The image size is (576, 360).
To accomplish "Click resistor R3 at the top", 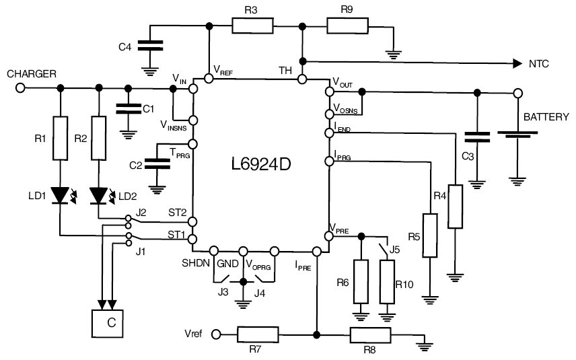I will [x=252, y=26].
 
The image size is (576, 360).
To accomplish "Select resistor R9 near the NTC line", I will [x=347, y=26].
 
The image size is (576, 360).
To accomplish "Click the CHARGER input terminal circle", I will [x=20, y=87].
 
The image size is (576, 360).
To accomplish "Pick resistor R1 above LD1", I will [x=61, y=137].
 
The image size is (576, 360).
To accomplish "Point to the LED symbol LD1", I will [x=61, y=196].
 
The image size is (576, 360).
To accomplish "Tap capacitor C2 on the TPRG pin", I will [x=159, y=163].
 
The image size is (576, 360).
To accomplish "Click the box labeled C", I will [x=108, y=323].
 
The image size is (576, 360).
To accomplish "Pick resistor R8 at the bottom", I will [x=369, y=334].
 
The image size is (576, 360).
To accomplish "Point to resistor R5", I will [x=431, y=236].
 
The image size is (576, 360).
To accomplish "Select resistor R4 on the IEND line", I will [x=456, y=206].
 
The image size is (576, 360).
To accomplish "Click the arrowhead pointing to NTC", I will [x=516, y=64].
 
